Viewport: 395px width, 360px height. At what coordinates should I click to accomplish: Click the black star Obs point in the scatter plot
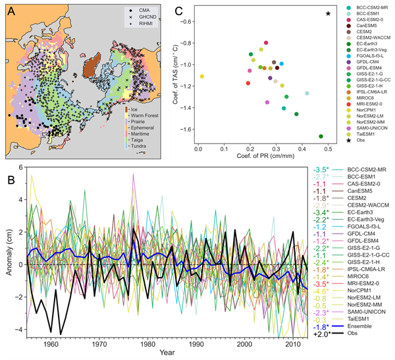pyautogui.click(x=329, y=13)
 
